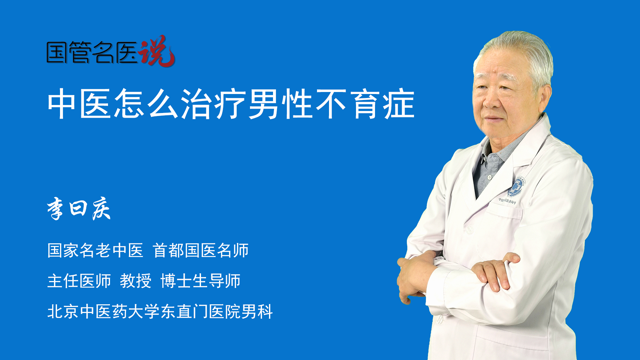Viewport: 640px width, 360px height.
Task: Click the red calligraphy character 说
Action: [157, 51]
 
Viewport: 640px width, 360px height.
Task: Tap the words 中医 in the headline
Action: [79, 104]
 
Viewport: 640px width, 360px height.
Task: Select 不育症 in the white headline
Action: [365, 104]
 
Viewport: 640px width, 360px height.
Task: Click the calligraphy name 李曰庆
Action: [79, 208]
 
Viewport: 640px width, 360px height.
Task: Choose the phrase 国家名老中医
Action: [95, 250]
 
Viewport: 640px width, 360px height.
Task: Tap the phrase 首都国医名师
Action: [201, 250]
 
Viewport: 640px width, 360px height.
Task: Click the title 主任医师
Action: [79, 281]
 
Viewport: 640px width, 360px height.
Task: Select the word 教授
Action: [136, 281]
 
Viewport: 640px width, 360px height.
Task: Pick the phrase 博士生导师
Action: [200, 281]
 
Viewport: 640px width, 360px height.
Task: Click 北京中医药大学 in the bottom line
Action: [103, 311]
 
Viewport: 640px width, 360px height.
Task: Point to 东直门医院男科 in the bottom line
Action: [217, 311]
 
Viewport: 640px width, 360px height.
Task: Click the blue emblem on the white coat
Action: [516, 187]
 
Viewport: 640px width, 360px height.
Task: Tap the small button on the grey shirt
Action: [489, 177]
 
